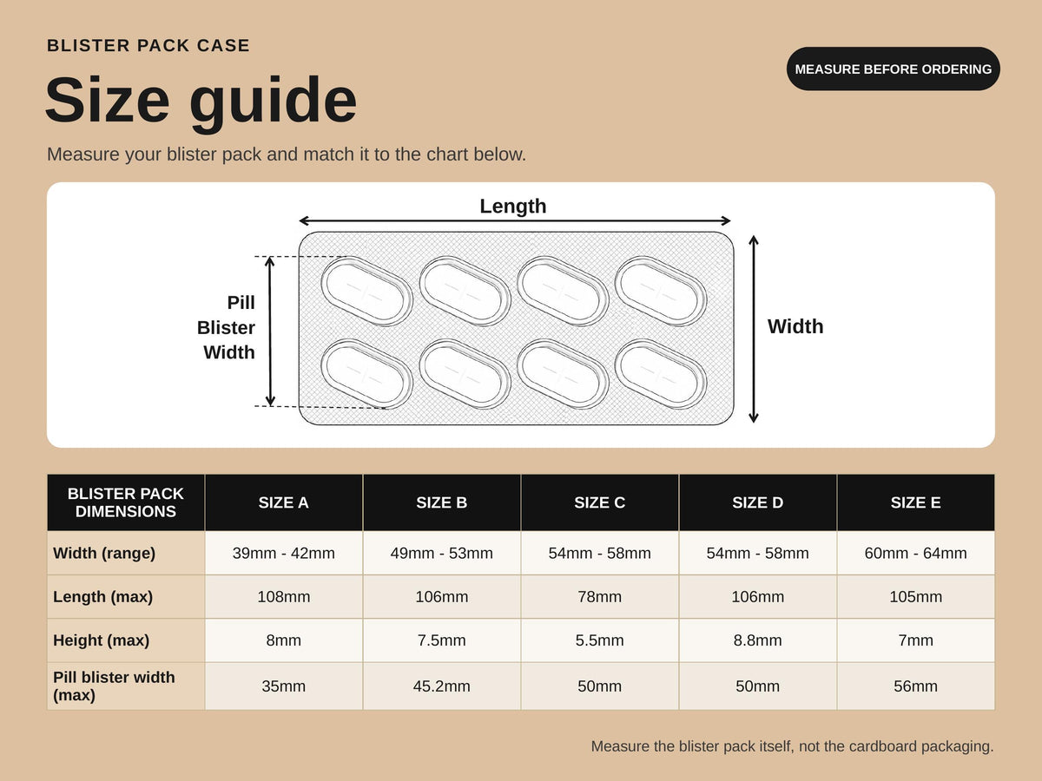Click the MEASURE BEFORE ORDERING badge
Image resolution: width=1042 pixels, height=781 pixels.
tap(893, 69)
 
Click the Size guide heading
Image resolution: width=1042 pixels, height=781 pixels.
tap(201, 101)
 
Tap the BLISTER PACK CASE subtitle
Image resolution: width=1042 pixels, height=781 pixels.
tap(148, 45)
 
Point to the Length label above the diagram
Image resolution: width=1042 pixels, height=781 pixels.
tap(512, 207)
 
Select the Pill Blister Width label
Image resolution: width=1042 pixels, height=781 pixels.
tap(226, 327)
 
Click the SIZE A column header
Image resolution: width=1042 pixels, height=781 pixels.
tap(283, 502)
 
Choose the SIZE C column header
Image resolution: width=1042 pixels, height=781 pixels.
tap(599, 502)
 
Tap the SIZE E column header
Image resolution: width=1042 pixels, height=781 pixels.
tap(916, 502)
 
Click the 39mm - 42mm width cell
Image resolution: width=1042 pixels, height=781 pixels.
tap(283, 553)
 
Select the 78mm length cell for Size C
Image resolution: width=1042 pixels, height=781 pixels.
tap(599, 596)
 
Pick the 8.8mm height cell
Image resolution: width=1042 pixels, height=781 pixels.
tap(758, 640)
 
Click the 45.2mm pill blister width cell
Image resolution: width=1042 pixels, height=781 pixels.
tap(441, 686)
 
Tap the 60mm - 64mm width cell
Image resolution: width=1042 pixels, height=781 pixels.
tap(916, 553)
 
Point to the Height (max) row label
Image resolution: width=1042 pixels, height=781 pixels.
tap(101, 640)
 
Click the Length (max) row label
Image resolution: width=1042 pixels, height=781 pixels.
tap(102, 596)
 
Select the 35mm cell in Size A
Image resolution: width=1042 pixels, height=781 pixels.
tap(283, 686)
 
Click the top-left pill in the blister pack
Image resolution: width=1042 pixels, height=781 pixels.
tap(366, 292)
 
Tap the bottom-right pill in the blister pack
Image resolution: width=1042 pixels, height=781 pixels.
tap(660, 374)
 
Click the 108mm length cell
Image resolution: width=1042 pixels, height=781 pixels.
tap(283, 596)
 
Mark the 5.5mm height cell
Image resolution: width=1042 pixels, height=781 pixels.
tap(599, 640)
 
